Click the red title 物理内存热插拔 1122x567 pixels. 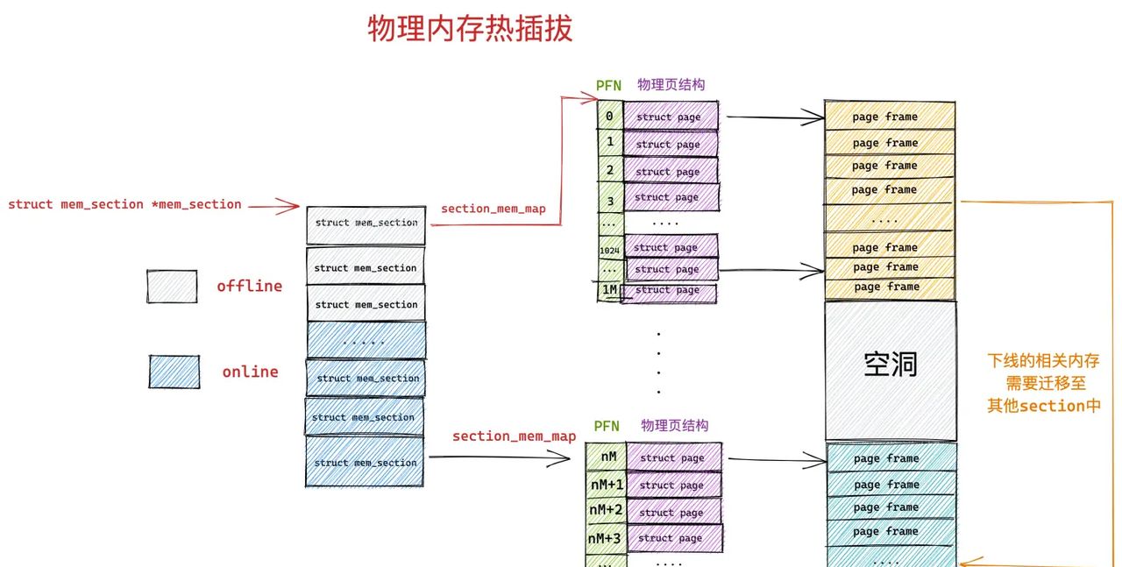click(x=470, y=29)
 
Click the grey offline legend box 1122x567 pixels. click(x=172, y=287)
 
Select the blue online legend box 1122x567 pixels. click(x=174, y=372)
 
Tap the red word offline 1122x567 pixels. click(x=249, y=287)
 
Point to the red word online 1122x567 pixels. click(x=250, y=372)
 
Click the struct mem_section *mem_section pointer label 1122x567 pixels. click(x=124, y=204)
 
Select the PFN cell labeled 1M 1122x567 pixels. click(x=609, y=290)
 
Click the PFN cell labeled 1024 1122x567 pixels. click(x=609, y=251)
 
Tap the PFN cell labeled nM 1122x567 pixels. click(x=607, y=457)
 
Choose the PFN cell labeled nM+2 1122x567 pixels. click(x=606, y=510)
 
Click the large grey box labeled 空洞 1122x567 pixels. click(x=890, y=370)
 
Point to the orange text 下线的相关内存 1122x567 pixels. click(x=1043, y=361)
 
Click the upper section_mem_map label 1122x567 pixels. click(x=493, y=209)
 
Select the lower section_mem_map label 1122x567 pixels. click(x=514, y=436)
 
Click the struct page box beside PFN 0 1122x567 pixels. click(x=670, y=117)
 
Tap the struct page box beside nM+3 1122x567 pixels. click(x=672, y=537)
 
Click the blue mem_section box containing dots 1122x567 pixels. click(x=366, y=340)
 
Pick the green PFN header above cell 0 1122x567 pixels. click(x=608, y=86)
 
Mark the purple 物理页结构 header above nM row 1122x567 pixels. click(x=674, y=425)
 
